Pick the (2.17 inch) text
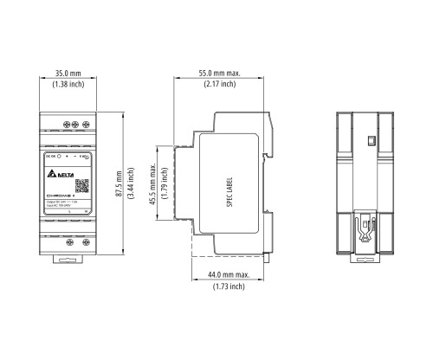[216, 86]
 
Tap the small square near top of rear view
[369, 138]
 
